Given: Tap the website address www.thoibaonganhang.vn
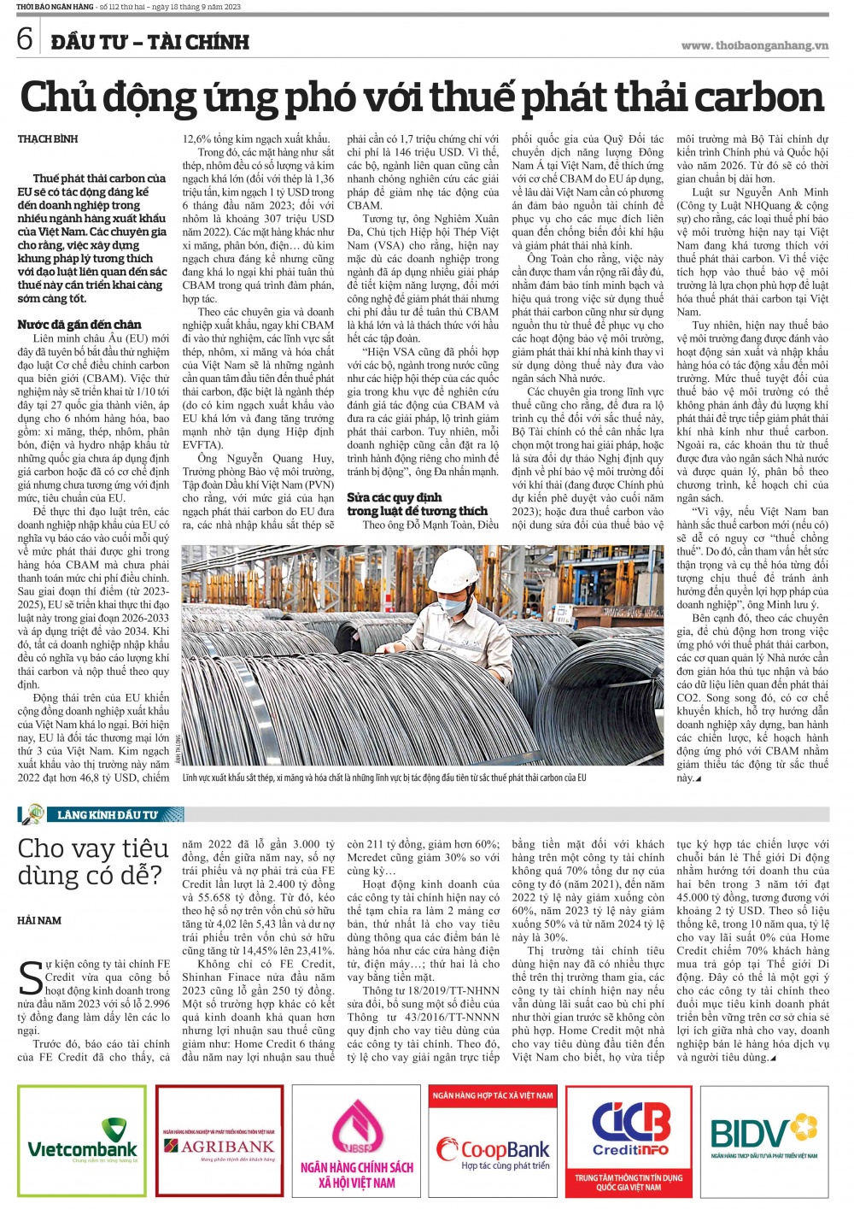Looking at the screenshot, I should (x=755, y=45).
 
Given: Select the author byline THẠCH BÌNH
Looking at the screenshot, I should (x=48, y=138).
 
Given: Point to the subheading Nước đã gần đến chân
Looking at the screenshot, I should (x=79, y=325).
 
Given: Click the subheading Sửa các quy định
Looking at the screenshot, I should (x=395, y=497).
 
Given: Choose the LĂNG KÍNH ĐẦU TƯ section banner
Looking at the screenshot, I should (x=107, y=814).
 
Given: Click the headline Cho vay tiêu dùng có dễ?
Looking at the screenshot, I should (x=92, y=861).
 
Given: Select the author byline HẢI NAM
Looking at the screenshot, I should (x=39, y=920).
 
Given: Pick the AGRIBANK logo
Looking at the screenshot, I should (x=219, y=1145).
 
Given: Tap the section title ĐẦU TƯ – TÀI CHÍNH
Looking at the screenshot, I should (x=150, y=41).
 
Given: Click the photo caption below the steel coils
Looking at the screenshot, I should (x=384, y=778).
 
